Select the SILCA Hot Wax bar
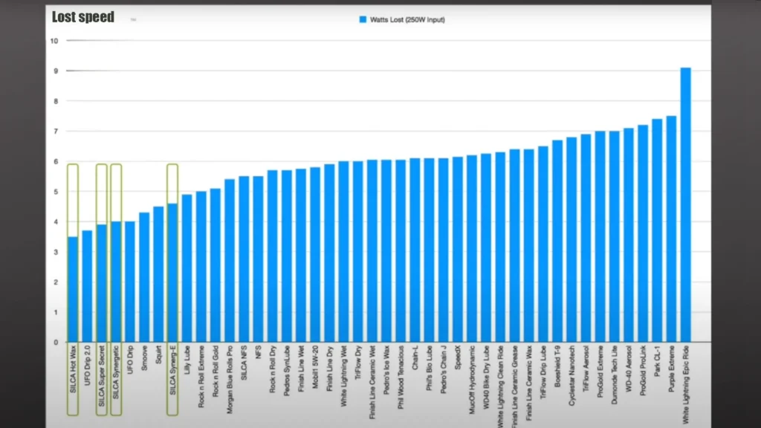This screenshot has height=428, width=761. pyautogui.click(x=72, y=289)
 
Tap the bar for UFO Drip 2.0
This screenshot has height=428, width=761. pyautogui.click(x=87, y=286)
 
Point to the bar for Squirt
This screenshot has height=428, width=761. pyautogui.click(x=158, y=274)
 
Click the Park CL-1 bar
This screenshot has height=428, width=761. pyautogui.click(x=657, y=230)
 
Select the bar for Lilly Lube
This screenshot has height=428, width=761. pyautogui.click(x=187, y=268)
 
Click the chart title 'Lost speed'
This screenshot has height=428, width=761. pyautogui.click(x=83, y=16)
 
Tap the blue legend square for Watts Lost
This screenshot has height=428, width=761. pyautogui.click(x=363, y=19)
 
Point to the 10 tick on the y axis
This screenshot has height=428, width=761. pyautogui.click(x=54, y=40)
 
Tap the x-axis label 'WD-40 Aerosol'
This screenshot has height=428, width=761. pyautogui.click(x=629, y=371)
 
